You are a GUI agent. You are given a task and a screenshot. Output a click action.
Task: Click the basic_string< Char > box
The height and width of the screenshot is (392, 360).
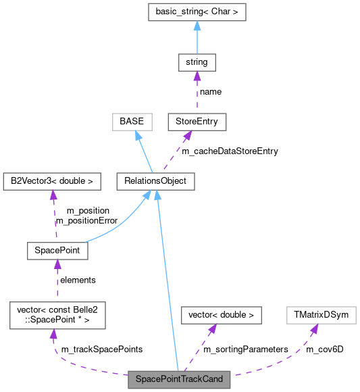click(x=197, y=11)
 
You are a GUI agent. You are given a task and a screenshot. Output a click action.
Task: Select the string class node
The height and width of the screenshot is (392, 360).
click(x=197, y=62)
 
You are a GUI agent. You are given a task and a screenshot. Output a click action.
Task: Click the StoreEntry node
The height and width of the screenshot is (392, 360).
click(x=197, y=122)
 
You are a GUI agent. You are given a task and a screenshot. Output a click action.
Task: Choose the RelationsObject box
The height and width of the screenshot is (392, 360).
click(x=155, y=181)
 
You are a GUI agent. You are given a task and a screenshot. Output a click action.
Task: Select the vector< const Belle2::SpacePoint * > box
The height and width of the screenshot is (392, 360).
click(x=57, y=315)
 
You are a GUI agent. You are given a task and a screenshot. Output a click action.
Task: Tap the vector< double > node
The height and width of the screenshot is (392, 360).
click(x=221, y=315)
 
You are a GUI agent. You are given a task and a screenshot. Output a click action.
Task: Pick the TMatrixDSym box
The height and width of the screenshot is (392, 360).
click(x=320, y=315)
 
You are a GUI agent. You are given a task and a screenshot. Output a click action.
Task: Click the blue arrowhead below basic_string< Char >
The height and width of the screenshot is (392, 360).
click(x=197, y=25)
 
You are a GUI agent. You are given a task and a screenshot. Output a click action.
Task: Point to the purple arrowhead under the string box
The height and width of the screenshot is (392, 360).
click(x=197, y=76)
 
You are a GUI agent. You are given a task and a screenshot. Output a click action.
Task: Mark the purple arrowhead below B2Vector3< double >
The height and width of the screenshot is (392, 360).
click(x=53, y=195)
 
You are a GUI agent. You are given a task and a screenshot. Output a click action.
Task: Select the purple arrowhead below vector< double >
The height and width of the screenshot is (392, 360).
click(x=213, y=329)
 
